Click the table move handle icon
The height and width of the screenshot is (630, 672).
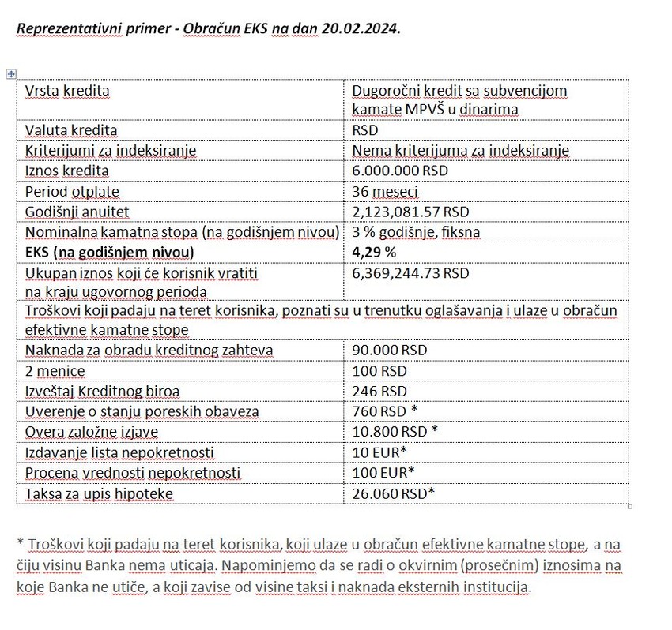pos(11,74)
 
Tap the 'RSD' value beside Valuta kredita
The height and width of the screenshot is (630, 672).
pos(365,130)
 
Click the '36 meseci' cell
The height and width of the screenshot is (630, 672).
pos(385,191)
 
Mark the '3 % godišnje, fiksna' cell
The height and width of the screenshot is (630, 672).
pos(416,232)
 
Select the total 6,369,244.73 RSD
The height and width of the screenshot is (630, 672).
pos(410,273)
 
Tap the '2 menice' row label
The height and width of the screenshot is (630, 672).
pos(55,370)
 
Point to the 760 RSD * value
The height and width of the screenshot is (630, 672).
pos(384,411)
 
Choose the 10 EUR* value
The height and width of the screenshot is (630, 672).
pos(379,452)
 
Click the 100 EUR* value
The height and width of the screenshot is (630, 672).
pos(383,473)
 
